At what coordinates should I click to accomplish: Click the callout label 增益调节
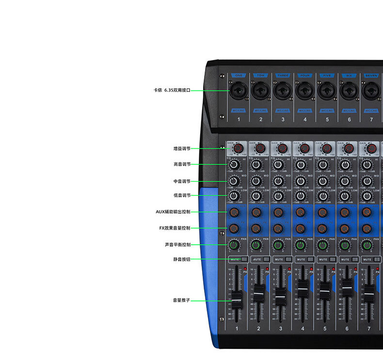pyautogui.click(x=182, y=148)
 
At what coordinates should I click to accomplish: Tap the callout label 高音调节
pyautogui.click(x=182, y=164)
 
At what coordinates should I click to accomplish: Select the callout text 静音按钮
pyautogui.click(x=182, y=259)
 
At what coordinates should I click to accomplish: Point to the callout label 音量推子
pyautogui.click(x=182, y=300)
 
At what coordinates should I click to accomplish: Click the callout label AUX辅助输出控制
pyautogui.click(x=173, y=212)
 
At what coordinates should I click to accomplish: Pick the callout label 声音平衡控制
pyautogui.click(x=177, y=245)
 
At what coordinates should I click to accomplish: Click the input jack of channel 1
pyautogui.click(x=239, y=91)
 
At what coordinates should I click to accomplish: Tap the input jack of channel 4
pyautogui.click(x=305, y=91)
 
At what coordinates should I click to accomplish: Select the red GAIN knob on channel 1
pyautogui.click(x=238, y=148)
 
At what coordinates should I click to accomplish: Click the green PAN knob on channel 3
pyautogui.click(x=278, y=245)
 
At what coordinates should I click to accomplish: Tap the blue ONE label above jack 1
pyautogui.click(x=238, y=76)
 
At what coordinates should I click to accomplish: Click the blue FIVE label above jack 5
pyautogui.click(x=327, y=76)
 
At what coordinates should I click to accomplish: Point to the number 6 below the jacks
pyautogui.click(x=349, y=119)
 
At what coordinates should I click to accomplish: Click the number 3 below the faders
pyautogui.click(x=281, y=329)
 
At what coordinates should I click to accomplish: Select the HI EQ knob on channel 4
pyautogui.click(x=301, y=165)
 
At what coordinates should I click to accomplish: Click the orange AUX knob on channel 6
pyautogui.click(x=345, y=212)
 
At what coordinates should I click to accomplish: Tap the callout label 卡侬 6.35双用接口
pyautogui.click(x=172, y=90)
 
